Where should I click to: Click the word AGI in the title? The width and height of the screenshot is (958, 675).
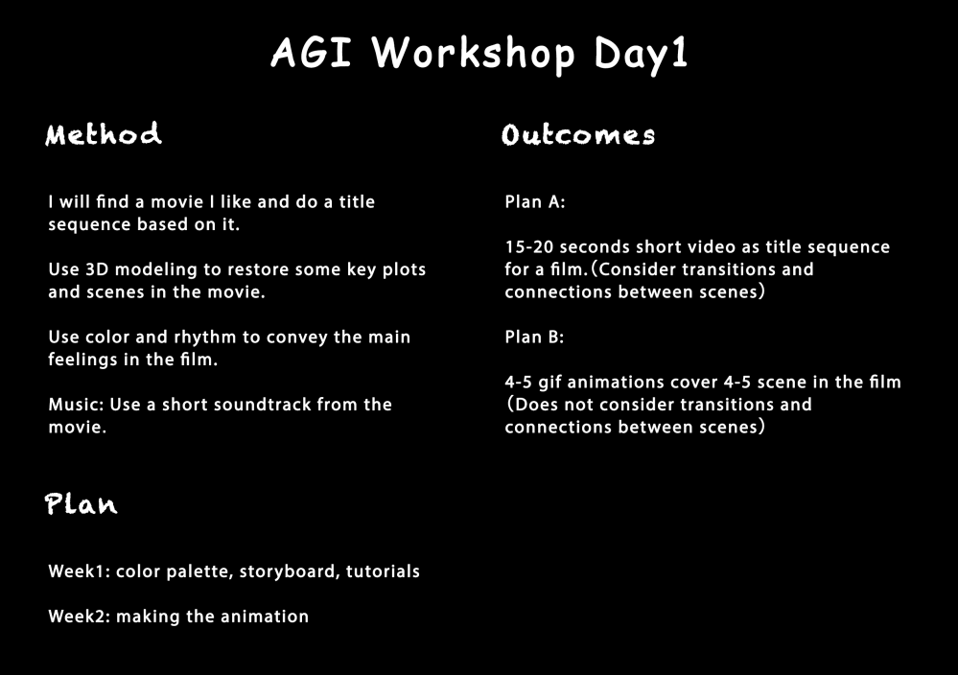pyautogui.click(x=311, y=52)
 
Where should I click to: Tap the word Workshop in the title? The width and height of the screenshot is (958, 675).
pyautogui.click(x=473, y=54)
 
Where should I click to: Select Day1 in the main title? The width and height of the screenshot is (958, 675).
pyautogui.click(x=641, y=55)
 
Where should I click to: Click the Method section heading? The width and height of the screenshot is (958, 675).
pyautogui.click(x=104, y=134)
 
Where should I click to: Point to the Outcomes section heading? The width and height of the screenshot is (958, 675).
pyautogui.click(x=578, y=134)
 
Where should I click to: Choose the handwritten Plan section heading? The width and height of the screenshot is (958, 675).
pyautogui.click(x=81, y=504)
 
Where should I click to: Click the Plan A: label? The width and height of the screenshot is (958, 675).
pyautogui.click(x=534, y=202)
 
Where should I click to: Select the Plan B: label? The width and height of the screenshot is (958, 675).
pyautogui.click(x=534, y=337)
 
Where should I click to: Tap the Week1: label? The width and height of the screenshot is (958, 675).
pyautogui.click(x=79, y=571)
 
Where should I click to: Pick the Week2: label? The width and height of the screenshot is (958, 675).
pyautogui.click(x=80, y=617)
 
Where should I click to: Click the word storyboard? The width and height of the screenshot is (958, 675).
pyautogui.click(x=290, y=571)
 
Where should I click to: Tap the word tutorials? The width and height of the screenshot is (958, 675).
pyautogui.click(x=383, y=571)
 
